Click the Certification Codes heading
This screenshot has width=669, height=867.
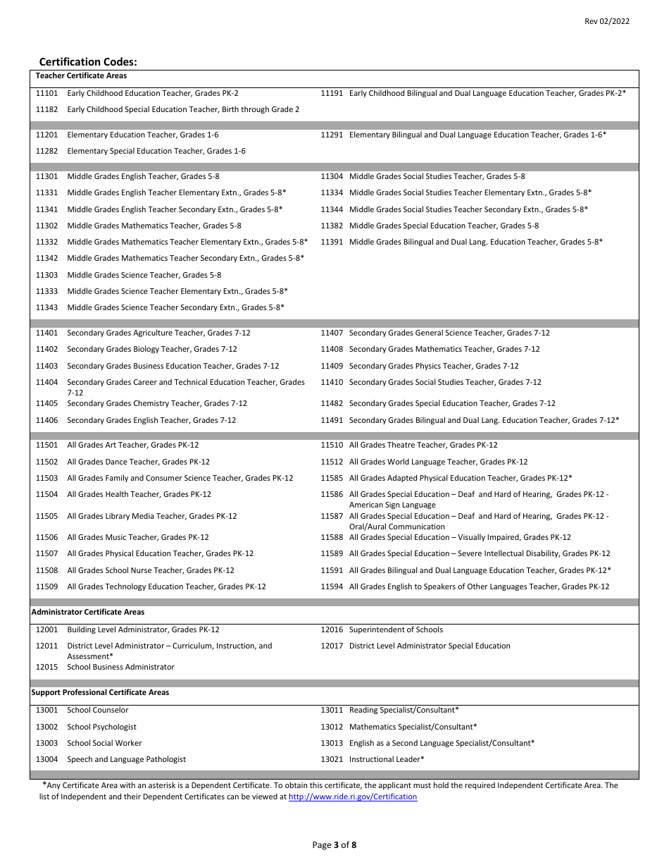88,62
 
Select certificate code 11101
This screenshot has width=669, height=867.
47,93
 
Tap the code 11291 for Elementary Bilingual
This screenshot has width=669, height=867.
332,135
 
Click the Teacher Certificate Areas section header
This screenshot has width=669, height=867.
81,75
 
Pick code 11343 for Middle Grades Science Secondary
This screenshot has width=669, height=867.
47,307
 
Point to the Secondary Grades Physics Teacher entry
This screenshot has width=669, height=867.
434,366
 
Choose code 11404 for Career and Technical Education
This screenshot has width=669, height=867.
47,382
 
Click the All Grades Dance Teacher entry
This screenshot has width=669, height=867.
138,462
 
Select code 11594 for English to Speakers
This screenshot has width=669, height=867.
332,586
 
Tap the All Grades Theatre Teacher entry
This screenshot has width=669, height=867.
423,445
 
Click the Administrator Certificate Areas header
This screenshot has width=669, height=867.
88,612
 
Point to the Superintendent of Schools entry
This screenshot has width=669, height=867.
396,629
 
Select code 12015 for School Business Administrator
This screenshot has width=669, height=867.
47,667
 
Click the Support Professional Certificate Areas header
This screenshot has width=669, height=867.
100,692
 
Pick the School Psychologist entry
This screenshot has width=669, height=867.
101,727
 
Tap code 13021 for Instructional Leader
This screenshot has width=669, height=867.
332,759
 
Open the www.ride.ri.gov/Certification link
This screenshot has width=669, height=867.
353,797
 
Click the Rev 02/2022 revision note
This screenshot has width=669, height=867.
607,21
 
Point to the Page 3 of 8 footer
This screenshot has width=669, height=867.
334,845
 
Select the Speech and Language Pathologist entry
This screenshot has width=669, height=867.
127,759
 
